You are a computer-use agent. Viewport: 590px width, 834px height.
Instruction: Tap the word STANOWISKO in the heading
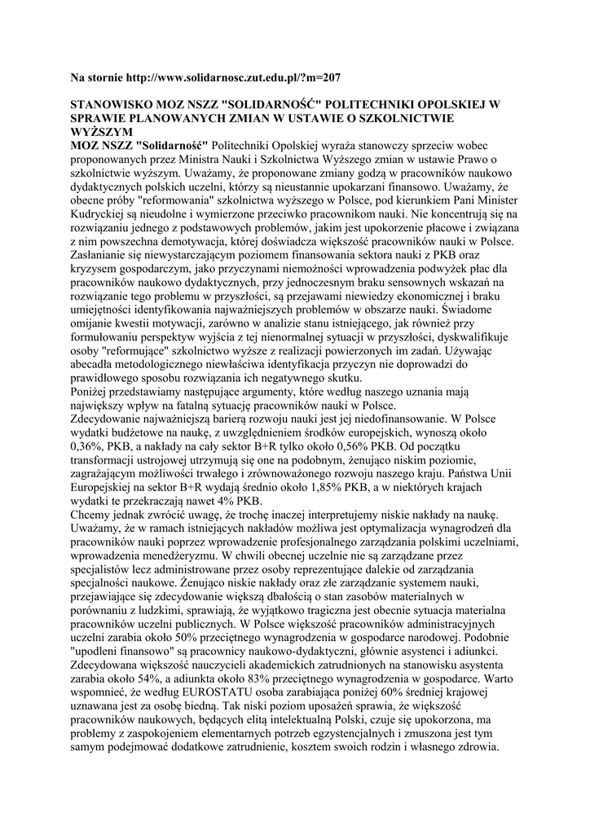[x=112, y=105]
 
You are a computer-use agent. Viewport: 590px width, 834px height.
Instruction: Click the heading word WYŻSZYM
[x=100, y=131]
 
